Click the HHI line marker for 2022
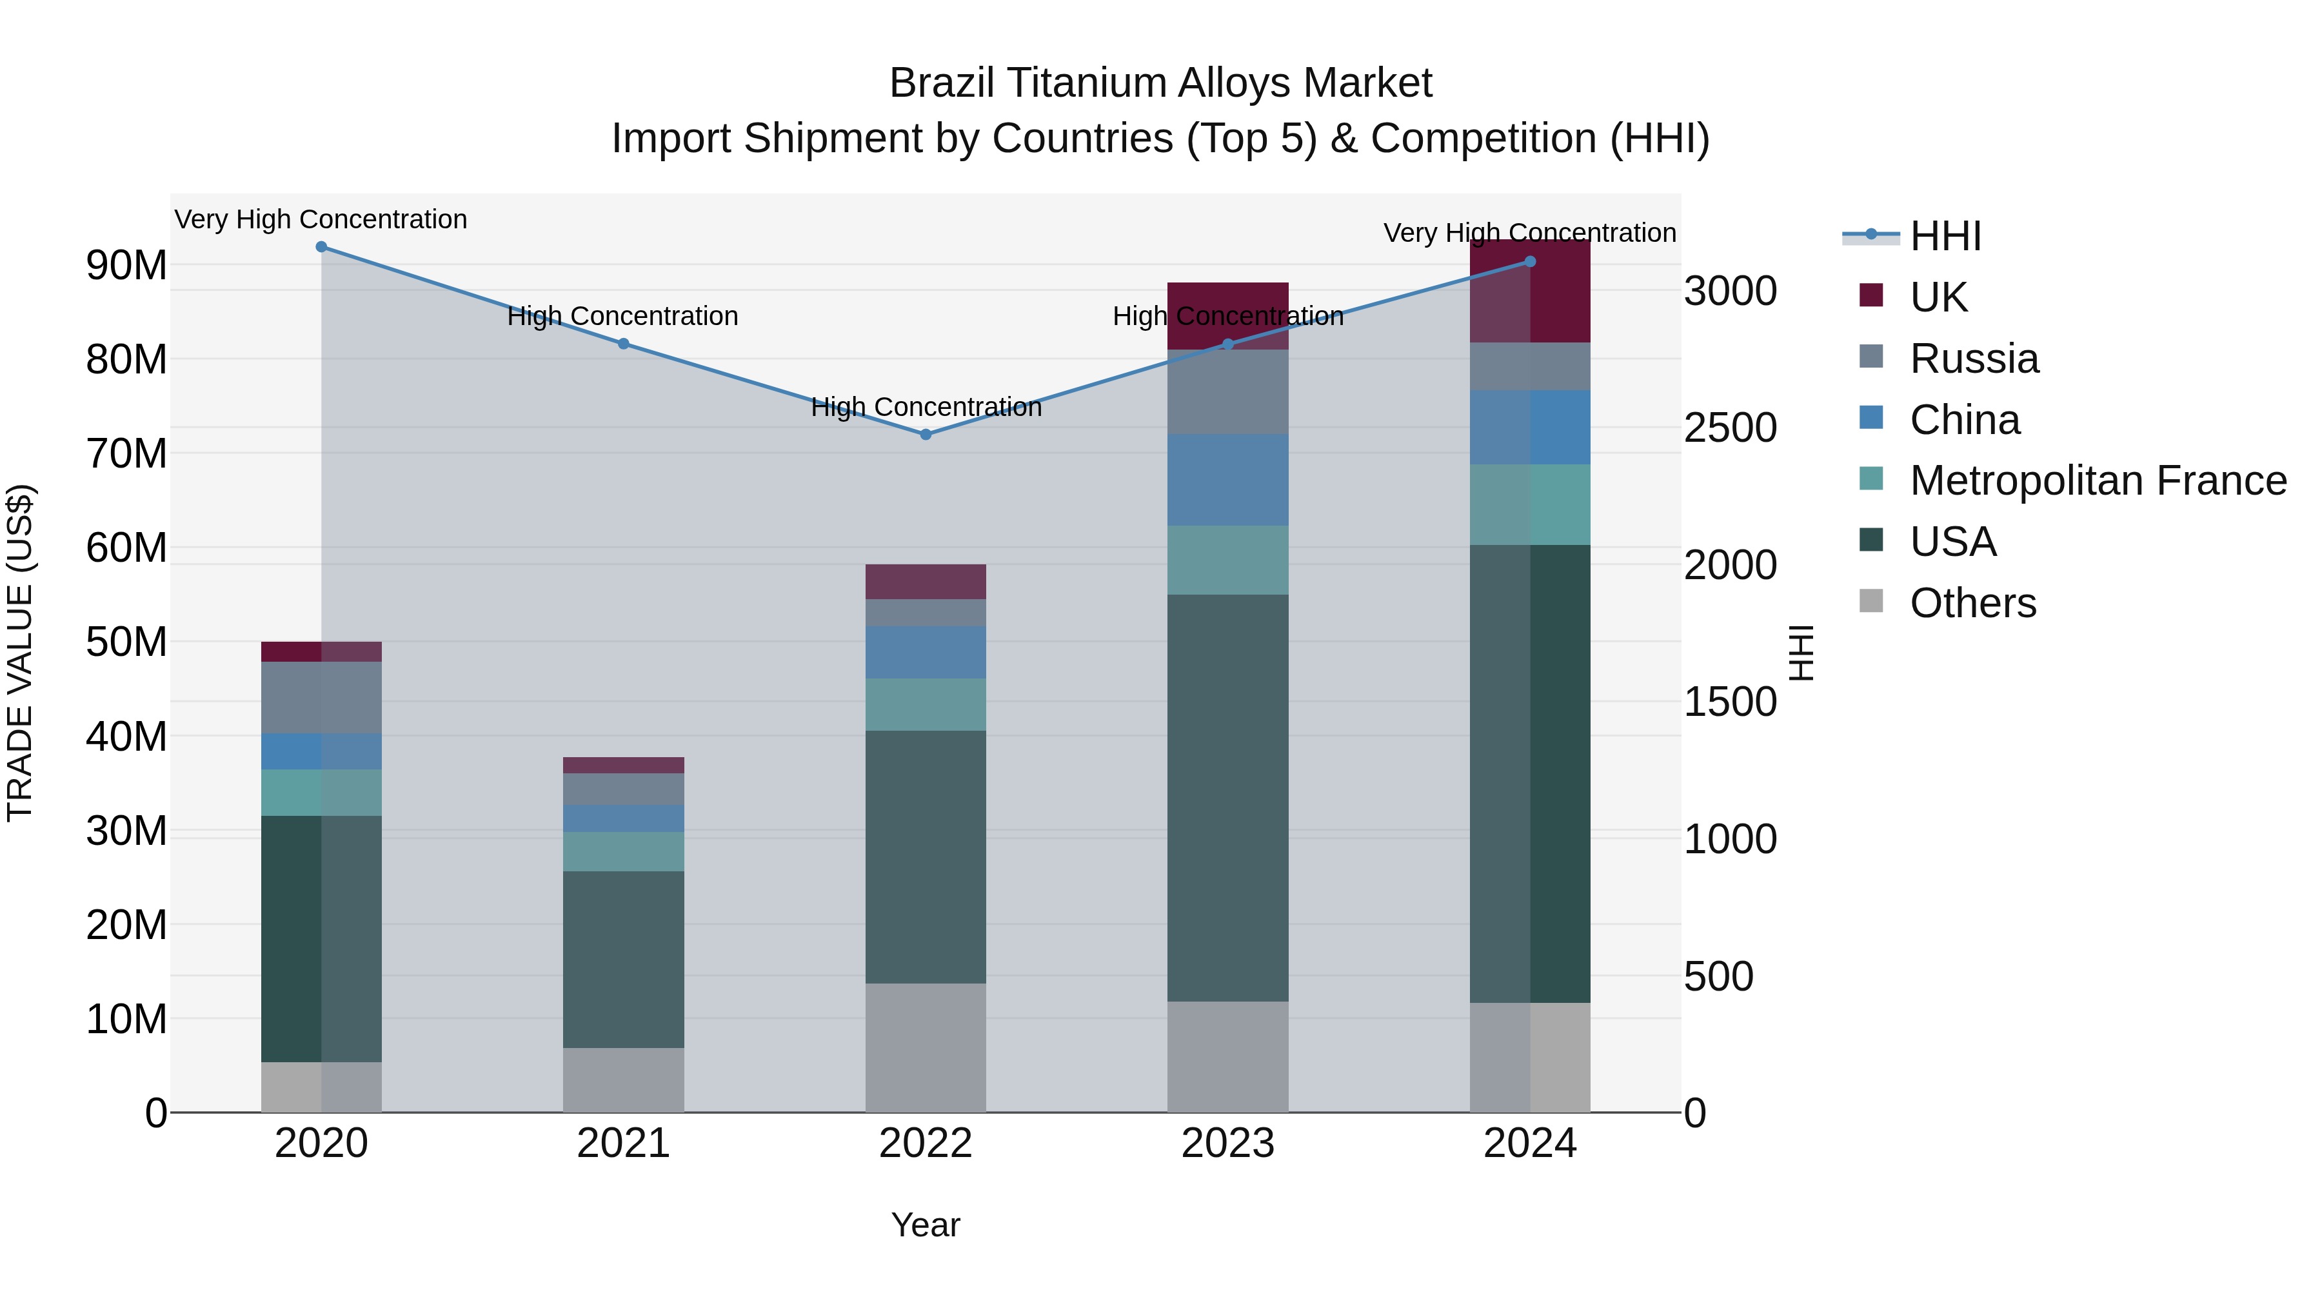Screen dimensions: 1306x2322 925,435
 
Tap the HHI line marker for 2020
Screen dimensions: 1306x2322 321,247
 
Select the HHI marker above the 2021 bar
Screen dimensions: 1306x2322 623,343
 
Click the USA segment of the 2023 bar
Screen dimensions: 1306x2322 1227,798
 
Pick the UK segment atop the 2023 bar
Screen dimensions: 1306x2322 1227,315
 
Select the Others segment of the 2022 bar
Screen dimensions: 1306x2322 925,1047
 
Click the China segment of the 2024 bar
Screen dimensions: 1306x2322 1530,427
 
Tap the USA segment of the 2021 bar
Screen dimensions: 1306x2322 623,959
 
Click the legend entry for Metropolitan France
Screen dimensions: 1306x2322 2098,480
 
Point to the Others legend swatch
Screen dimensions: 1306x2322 1870,601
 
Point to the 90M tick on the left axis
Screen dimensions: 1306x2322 126,265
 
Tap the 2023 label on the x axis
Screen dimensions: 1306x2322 1227,1143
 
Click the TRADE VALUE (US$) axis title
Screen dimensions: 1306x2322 20,653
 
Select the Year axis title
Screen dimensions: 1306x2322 925,1225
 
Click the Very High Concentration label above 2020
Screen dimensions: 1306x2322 321,219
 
